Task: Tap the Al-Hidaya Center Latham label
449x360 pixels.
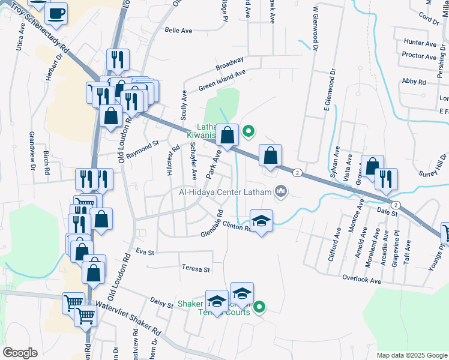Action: tap(224, 193)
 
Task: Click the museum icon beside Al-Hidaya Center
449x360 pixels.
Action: tap(280, 192)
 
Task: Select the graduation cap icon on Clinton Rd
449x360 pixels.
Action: tap(261, 221)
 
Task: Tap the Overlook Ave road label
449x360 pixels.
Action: tap(362, 279)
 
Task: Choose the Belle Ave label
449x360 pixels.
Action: tap(178, 29)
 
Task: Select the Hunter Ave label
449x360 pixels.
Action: tap(420, 43)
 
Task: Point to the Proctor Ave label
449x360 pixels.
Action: tap(420, 56)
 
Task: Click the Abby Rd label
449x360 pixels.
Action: tap(414, 81)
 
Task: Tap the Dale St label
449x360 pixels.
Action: tap(388, 212)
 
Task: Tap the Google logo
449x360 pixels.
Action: tap(20, 353)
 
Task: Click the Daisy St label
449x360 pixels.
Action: tap(162, 304)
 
